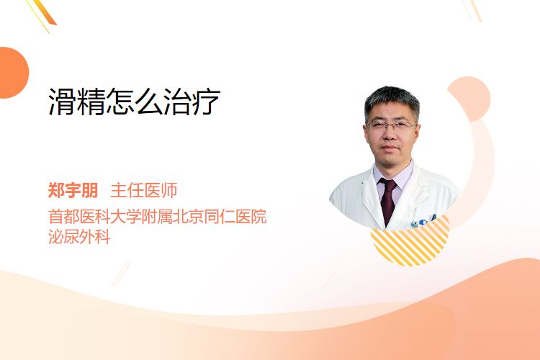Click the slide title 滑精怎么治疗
point(134,102)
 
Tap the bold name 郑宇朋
point(73,190)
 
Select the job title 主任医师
point(144,190)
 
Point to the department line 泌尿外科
point(79,236)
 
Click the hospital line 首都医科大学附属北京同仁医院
point(158,217)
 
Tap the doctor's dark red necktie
point(389,200)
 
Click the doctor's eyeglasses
point(390,125)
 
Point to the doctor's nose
point(390,134)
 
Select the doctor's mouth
point(390,148)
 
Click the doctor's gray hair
point(392,98)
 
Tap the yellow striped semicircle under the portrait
point(410,245)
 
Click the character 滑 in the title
point(62,102)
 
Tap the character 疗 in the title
point(207,102)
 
